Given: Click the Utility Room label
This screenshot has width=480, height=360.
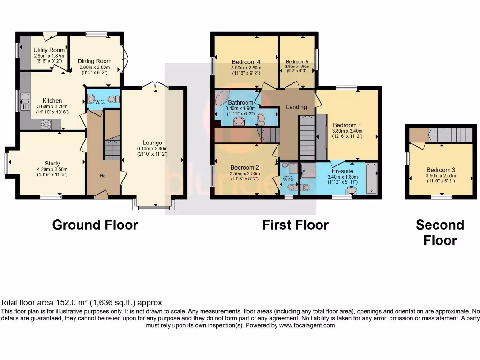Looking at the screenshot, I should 49,50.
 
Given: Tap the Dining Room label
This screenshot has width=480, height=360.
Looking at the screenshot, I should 94,61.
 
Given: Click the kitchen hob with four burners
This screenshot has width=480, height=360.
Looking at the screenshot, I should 46,124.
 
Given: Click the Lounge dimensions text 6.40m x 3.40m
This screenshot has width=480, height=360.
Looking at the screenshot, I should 152,148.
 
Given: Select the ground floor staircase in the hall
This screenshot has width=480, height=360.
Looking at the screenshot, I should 112,149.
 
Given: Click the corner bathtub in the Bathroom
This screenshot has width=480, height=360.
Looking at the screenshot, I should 221,99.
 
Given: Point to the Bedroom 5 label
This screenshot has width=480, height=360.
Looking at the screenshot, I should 297,62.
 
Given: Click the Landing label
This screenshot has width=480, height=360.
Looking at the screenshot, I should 296,107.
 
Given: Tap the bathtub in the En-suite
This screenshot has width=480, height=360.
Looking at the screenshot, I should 371,178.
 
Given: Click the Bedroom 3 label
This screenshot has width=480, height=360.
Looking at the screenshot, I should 441,170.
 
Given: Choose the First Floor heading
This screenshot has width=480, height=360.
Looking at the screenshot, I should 295,225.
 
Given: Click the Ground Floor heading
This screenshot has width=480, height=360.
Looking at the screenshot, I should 95,225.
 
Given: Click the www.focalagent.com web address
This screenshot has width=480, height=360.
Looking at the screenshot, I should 307,325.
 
